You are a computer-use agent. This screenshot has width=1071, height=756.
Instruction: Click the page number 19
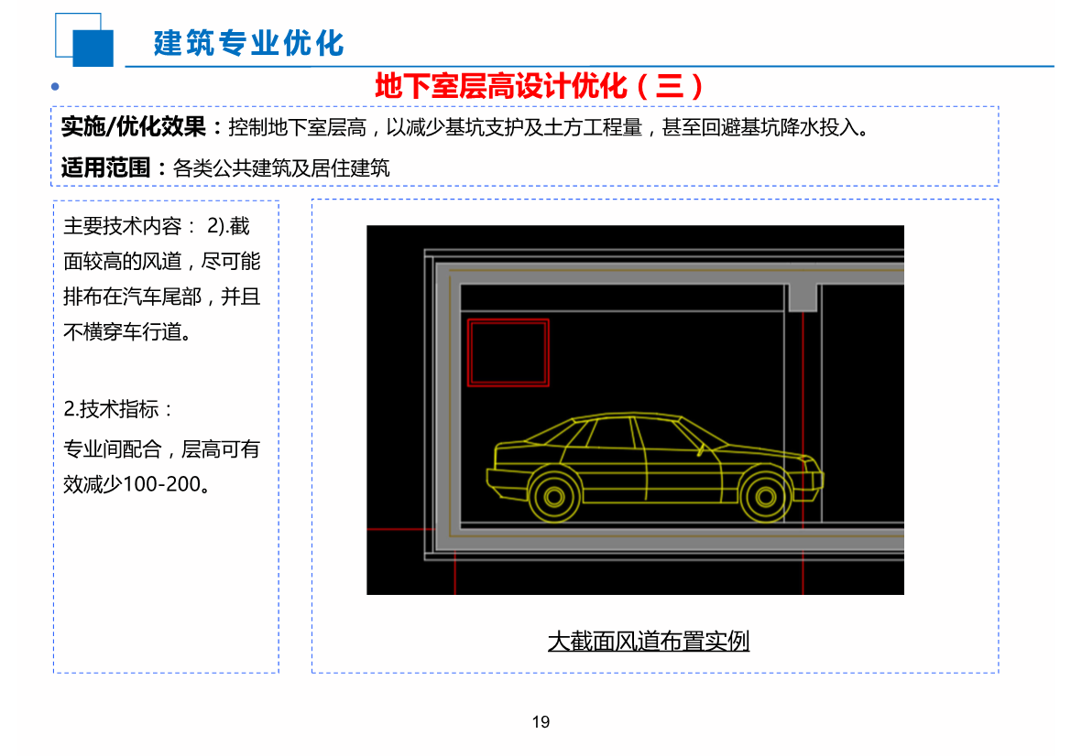coord(541,722)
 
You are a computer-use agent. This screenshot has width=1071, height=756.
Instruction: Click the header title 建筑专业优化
coord(248,42)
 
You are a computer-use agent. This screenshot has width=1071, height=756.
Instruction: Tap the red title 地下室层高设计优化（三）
coord(540,86)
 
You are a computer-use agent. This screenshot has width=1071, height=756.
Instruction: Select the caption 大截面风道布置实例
coord(648,641)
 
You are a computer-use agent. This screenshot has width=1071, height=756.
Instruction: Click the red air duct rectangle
coord(508,352)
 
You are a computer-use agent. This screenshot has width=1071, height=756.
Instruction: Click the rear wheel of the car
coord(553,494)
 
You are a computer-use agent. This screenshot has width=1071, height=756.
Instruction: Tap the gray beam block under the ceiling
coord(803,297)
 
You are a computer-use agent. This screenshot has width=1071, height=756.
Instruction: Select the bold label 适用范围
coord(110,167)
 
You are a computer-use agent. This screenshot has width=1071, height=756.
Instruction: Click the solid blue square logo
coord(93,48)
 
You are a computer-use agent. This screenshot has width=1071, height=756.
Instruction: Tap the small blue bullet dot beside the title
coord(55,87)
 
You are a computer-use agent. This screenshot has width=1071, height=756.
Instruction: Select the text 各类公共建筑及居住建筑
coord(281,167)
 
